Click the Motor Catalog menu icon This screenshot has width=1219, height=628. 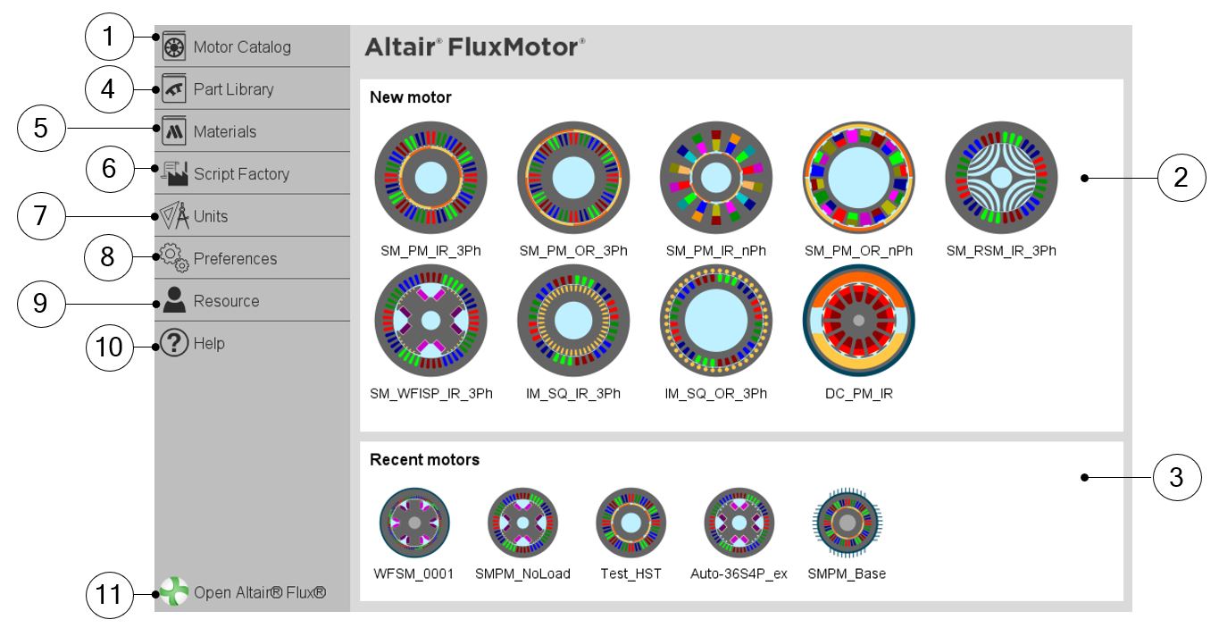pyautogui.click(x=174, y=46)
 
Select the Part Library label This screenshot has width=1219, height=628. pyautogui.click(x=233, y=89)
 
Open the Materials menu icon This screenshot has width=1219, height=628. pyautogui.click(x=174, y=130)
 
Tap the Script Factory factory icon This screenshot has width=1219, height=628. pyautogui.click(x=174, y=173)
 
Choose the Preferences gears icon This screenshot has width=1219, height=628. pyautogui.click(x=174, y=257)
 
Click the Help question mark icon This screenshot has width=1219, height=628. pyautogui.click(x=174, y=342)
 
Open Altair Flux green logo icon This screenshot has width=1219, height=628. pyautogui.click(x=174, y=591)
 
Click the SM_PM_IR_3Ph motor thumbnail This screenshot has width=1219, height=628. pyautogui.click(x=431, y=178)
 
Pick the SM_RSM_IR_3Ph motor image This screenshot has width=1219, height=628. pyautogui.click(x=1001, y=178)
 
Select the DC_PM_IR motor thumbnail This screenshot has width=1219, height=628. pyautogui.click(x=859, y=321)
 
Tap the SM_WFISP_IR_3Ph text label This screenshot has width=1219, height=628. pyautogui.click(x=431, y=393)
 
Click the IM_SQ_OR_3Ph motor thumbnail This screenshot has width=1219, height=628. pyautogui.click(x=716, y=321)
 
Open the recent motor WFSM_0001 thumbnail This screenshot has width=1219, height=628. pyautogui.click(x=414, y=523)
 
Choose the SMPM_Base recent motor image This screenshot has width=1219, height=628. pyautogui.click(x=847, y=523)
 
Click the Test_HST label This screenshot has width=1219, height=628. pyautogui.click(x=630, y=574)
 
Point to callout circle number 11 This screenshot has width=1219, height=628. pyautogui.click(x=109, y=594)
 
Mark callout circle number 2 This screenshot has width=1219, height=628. pyautogui.click(x=1181, y=178)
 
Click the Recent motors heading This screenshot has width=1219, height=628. pyautogui.click(x=424, y=460)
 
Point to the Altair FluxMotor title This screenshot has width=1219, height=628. pyautogui.click(x=475, y=47)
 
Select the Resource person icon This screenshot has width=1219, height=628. pyautogui.click(x=174, y=300)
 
